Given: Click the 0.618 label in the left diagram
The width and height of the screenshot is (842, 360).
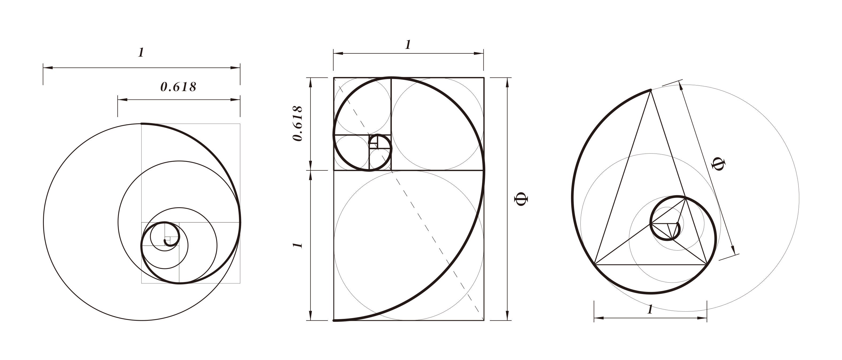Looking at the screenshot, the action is coord(179,87).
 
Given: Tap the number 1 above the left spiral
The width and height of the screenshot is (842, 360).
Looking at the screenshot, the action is coord(141,53).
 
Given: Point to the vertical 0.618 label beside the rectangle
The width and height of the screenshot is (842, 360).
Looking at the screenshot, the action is coord(297,123).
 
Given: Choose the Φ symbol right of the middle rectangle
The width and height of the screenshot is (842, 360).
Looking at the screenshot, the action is coord(521,199).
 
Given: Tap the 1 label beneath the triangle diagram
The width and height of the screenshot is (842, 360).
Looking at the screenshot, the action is coord(650,309).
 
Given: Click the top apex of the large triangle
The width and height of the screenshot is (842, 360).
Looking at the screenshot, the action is coord(650,89).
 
